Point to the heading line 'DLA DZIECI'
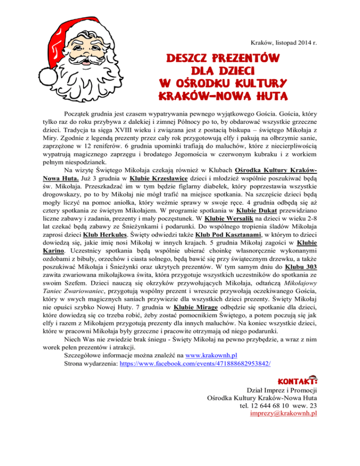click(x=223, y=72)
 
